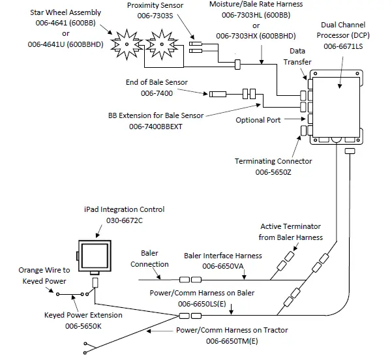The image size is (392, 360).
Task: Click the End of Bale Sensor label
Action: [x=156, y=82]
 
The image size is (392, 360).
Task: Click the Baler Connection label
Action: [x=149, y=258]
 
